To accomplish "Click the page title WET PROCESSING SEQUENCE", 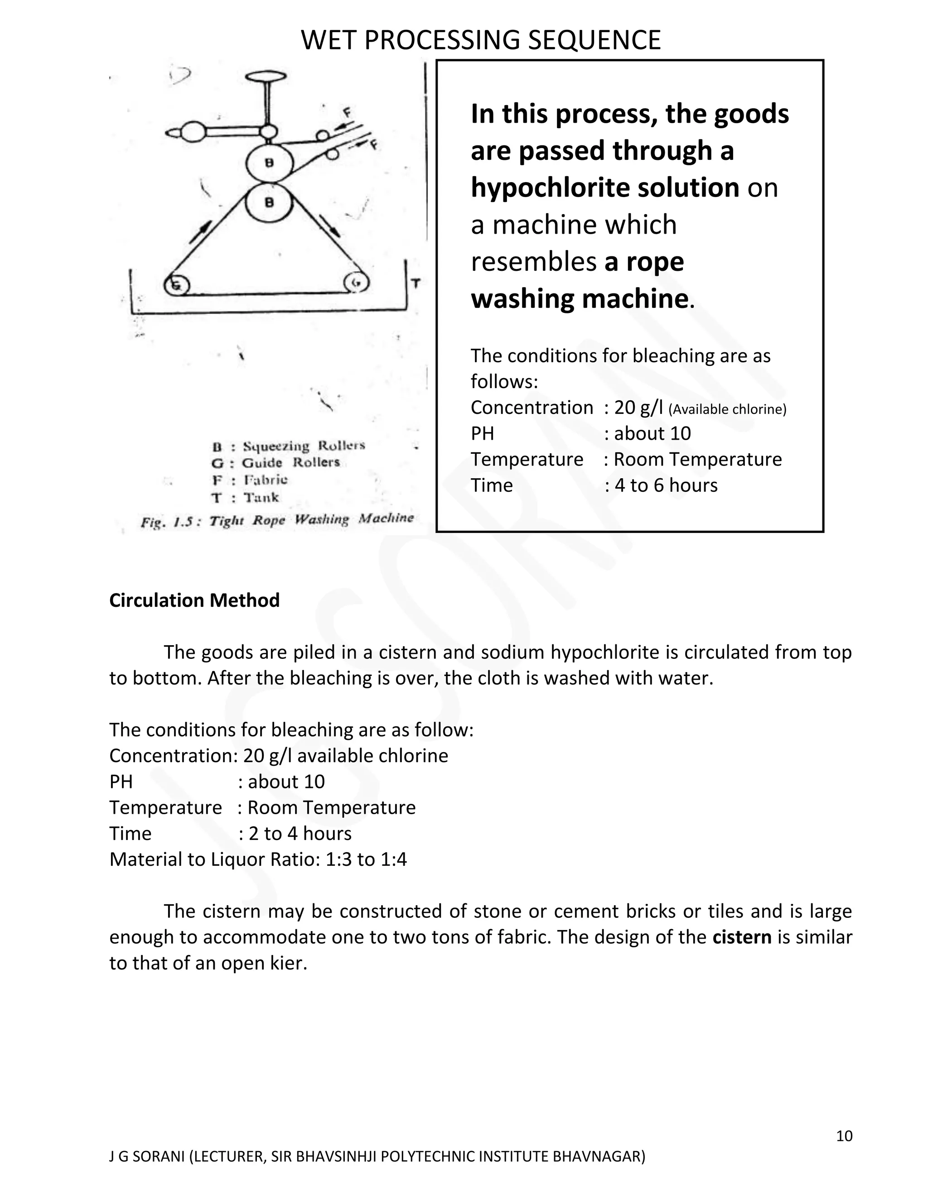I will [x=481, y=41].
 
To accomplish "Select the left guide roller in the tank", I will [x=177, y=285].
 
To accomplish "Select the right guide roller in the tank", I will [x=356, y=283].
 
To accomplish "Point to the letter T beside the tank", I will [x=416, y=284].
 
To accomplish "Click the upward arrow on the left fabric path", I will [x=202, y=231].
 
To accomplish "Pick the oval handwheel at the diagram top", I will [x=270, y=77].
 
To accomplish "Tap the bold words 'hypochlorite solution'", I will [x=605, y=188].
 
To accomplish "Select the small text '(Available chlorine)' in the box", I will [x=727, y=409].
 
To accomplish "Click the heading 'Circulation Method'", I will [x=194, y=600].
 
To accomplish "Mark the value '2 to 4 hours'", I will [x=300, y=834].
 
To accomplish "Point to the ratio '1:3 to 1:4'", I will [x=366, y=859].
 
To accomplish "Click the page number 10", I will [x=844, y=1136].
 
